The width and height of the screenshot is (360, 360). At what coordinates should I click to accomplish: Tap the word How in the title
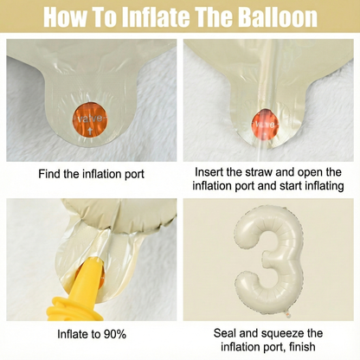pos(66,16)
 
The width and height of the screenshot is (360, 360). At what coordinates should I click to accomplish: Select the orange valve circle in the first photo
pos(91,119)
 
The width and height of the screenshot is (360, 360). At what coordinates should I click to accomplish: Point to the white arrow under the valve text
pos(90,132)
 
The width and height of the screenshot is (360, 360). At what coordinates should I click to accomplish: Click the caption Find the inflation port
pos(92,174)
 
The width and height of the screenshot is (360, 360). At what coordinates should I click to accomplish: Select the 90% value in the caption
pos(115,334)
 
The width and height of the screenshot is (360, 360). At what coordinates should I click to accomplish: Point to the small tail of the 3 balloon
pos(287,313)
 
